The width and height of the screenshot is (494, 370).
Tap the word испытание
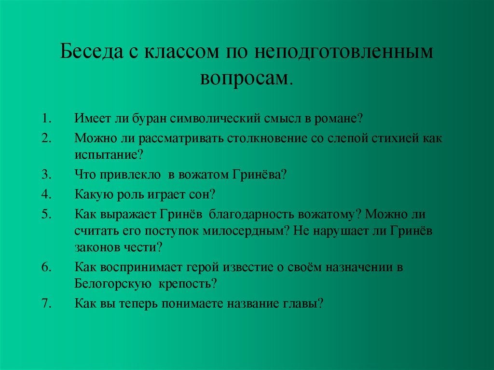point(107,155)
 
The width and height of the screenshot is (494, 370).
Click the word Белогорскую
point(114,284)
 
